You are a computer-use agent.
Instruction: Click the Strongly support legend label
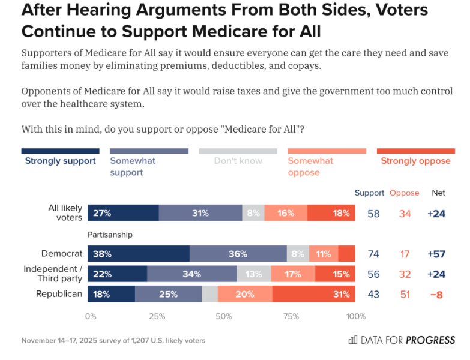click(60, 161)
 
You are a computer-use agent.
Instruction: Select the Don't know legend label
click(238, 161)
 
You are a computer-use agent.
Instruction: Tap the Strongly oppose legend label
click(415, 161)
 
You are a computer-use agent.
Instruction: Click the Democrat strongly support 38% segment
click(139, 254)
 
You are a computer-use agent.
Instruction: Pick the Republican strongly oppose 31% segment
click(313, 294)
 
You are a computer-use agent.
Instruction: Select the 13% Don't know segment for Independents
click(254, 274)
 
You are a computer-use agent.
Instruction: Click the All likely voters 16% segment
click(286, 213)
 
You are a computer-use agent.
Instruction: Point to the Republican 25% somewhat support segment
click(169, 294)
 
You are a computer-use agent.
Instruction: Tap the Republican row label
click(59, 294)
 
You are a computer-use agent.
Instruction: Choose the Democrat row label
click(61, 254)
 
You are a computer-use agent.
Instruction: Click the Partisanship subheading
click(110, 235)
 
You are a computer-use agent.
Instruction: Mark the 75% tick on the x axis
click(291, 316)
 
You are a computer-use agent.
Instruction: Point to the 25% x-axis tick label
click(157, 316)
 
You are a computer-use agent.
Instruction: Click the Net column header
click(439, 193)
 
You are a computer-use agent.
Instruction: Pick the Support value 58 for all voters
click(373, 214)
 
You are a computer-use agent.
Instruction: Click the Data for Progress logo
click(402, 340)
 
